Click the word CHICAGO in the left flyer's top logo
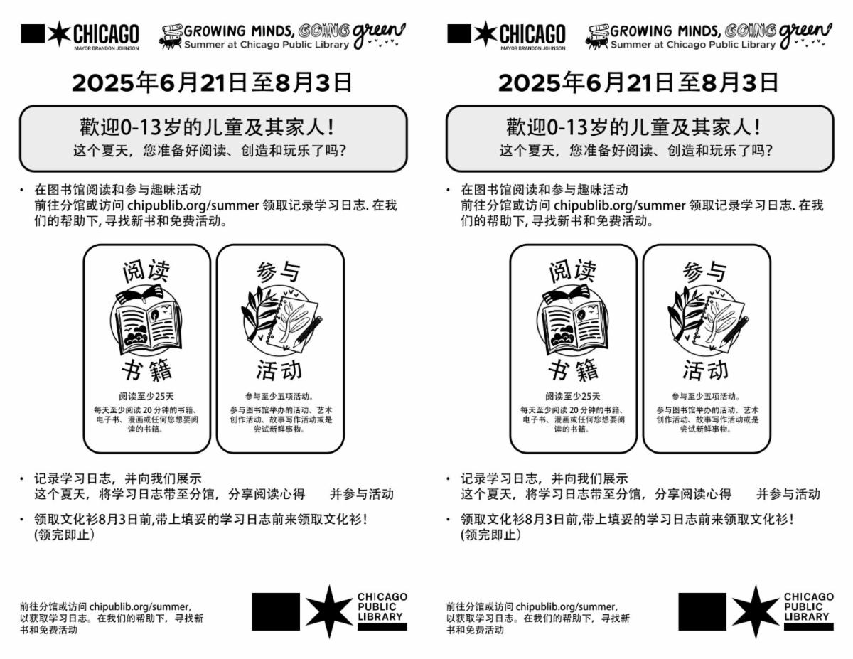pos(106,34)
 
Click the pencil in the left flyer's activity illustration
pos(309,332)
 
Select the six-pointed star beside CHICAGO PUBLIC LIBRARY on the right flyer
pos(756,611)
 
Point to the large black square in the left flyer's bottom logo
pos(276,611)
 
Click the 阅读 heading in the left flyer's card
pos(146,272)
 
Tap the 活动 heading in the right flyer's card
pos(705,370)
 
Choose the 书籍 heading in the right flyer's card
pos(573,370)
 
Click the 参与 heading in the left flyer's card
pos(279,272)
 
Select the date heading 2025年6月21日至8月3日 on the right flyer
pos(638,82)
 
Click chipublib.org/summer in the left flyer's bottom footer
pos(140,606)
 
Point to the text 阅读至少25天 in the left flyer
pos(146,397)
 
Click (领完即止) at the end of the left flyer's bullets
pos(65,535)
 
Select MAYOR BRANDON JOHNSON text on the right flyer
pos(532,48)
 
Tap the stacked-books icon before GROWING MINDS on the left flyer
pos(171,37)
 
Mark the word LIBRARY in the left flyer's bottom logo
pos(380,616)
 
